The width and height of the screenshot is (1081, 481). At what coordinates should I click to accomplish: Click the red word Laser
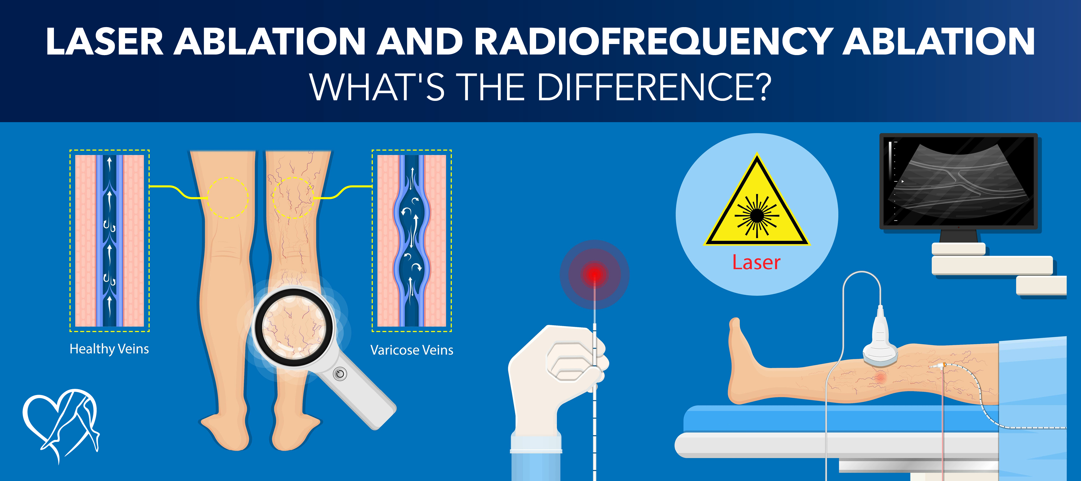point(756,263)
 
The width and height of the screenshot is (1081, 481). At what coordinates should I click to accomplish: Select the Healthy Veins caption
point(109,349)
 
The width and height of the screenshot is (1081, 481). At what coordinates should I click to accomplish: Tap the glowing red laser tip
point(594,274)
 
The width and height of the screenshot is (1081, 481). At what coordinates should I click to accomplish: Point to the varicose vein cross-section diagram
point(412,240)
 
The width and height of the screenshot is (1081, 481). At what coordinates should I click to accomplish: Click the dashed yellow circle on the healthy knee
point(227,198)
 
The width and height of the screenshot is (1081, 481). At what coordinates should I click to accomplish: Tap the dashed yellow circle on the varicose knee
point(293,198)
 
